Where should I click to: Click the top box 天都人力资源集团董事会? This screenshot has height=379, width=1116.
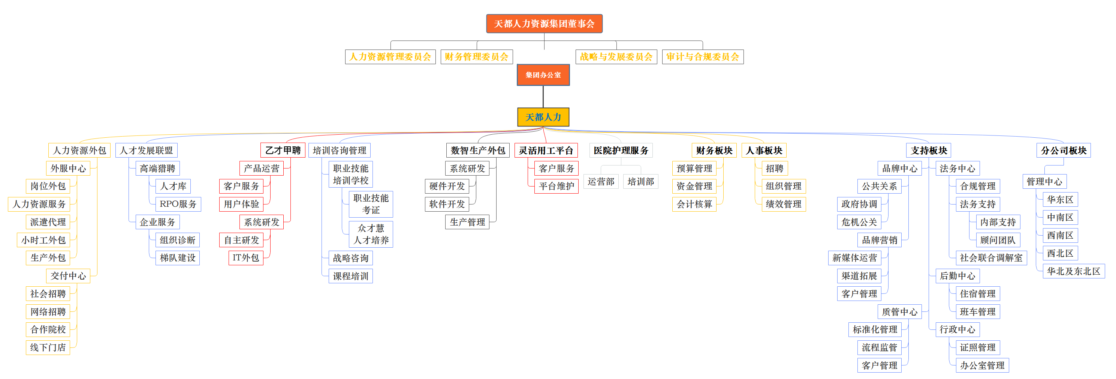pyautogui.click(x=544, y=23)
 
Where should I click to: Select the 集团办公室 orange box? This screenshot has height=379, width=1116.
pyautogui.click(x=543, y=75)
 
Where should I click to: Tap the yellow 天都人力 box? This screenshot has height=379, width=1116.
pyautogui.click(x=543, y=117)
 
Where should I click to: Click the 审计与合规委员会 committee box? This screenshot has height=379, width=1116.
pyautogui.click(x=703, y=57)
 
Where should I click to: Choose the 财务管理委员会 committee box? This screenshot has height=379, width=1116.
pyautogui.click(x=477, y=57)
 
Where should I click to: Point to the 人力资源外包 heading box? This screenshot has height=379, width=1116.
pyautogui.click(x=79, y=150)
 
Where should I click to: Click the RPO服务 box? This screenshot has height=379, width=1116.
pyautogui.click(x=178, y=204)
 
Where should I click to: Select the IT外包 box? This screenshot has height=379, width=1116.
pyautogui.click(x=245, y=257)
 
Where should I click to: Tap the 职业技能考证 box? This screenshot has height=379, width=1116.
pyautogui.click(x=371, y=204)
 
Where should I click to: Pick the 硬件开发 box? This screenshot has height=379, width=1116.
pyautogui.click(x=447, y=186)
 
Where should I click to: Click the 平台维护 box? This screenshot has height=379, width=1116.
pyautogui.click(x=556, y=186)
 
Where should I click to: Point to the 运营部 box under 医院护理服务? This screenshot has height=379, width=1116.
pyautogui.click(x=601, y=182)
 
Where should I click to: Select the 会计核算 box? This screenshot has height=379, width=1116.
pyautogui.click(x=694, y=204)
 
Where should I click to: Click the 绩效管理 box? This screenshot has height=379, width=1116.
pyautogui.click(x=784, y=204)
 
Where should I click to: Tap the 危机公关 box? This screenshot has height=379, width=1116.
pyautogui.click(x=859, y=222)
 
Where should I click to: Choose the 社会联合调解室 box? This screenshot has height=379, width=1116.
pyautogui.click(x=991, y=257)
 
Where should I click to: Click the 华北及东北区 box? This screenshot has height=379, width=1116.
pyautogui.click(x=1074, y=271)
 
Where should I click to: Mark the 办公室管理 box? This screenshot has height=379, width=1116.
pyautogui.click(x=982, y=365)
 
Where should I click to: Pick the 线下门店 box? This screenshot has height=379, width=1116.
pyautogui.click(x=48, y=347)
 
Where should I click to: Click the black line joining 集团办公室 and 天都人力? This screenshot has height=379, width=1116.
pyautogui.click(x=543, y=97)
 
